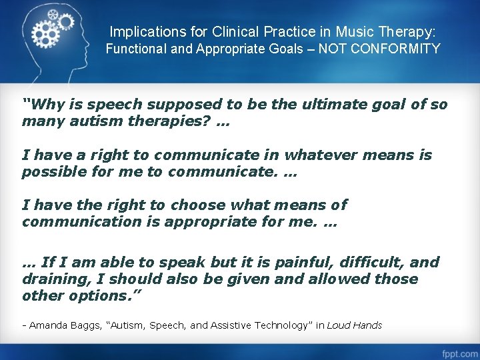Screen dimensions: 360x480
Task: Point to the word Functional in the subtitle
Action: [135, 49]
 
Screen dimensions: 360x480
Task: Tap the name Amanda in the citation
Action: [46, 326]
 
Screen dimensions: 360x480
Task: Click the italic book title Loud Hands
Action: [355, 326]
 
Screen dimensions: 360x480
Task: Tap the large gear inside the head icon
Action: [45, 30]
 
